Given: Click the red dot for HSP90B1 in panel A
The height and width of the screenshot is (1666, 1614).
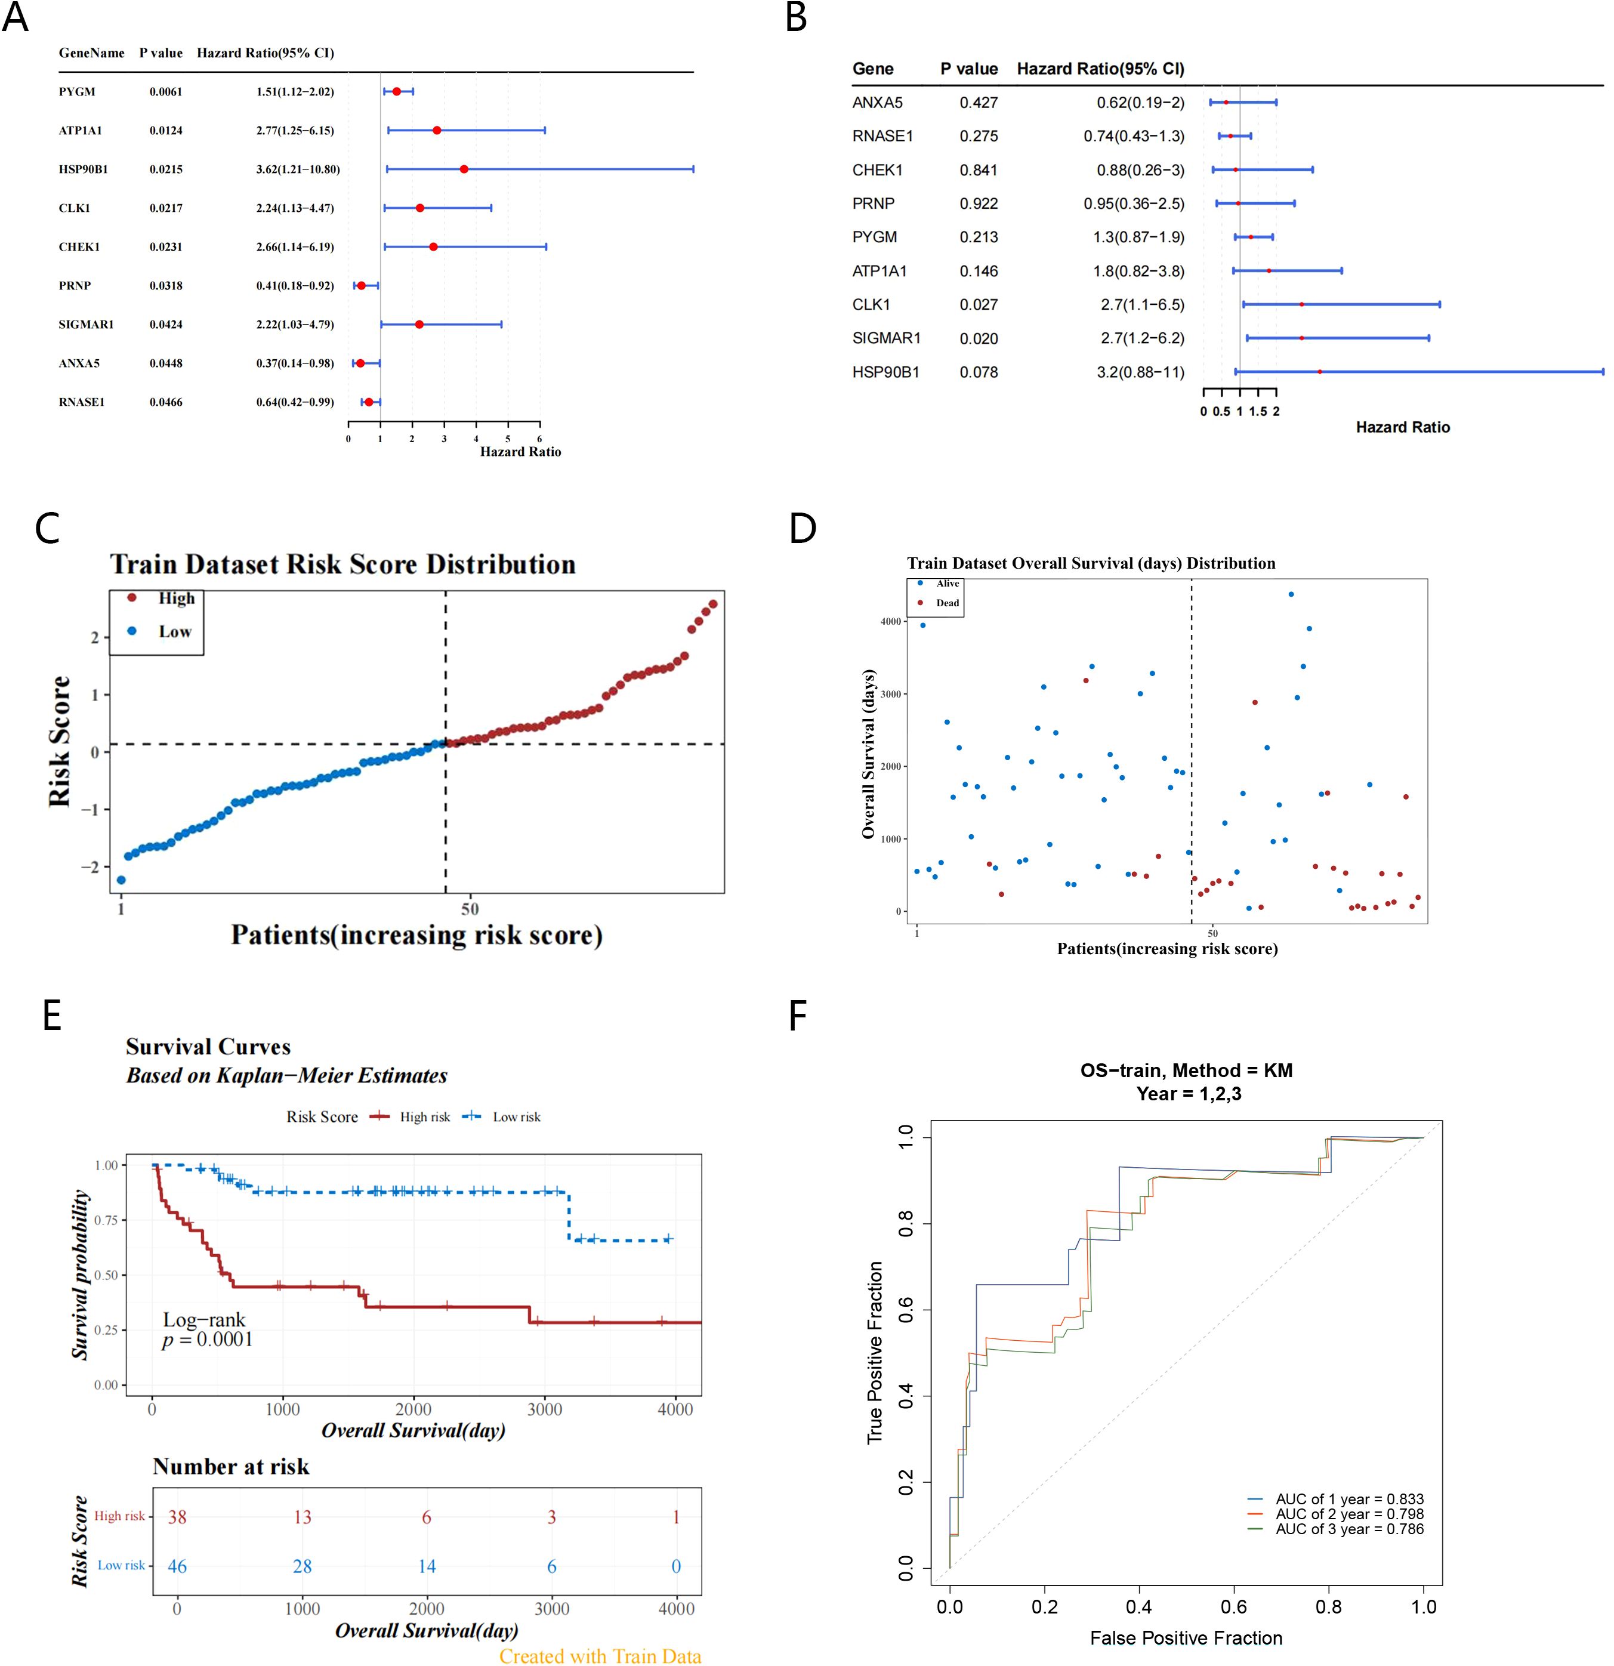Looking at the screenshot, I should point(463,169).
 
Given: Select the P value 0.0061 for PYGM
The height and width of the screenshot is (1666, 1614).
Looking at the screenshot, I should point(166,92).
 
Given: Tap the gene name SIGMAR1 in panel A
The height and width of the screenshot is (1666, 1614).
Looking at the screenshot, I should point(86,325).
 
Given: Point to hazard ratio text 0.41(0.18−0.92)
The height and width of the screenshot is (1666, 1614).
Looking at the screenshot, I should point(295,286).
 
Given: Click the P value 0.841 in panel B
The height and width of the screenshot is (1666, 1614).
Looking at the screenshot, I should point(979,170).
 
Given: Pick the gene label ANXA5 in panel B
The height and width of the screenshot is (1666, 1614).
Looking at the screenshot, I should point(877,103).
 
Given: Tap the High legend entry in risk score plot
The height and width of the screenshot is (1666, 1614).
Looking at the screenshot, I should point(176,598).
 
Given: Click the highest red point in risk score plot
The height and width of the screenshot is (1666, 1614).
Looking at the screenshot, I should point(712,603).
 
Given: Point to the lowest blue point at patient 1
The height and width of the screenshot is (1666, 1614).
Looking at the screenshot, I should point(121,880).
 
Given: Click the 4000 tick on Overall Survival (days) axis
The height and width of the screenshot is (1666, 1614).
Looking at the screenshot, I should point(890,621).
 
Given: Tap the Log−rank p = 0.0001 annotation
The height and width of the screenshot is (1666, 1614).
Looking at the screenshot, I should point(206,1330).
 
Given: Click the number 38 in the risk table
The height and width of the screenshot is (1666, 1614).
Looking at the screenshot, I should point(177,1517).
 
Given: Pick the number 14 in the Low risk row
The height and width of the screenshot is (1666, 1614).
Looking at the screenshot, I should point(427,1566).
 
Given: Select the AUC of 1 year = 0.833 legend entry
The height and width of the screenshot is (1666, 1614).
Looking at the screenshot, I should point(1348,1500).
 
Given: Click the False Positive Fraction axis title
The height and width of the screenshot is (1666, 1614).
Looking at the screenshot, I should point(1186,1638).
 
